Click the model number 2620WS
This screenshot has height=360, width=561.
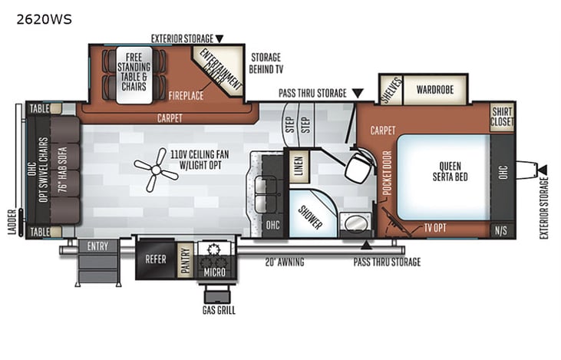click(44, 20)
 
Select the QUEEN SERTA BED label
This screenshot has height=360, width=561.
click(444, 170)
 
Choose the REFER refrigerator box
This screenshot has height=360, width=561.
click(156, 259)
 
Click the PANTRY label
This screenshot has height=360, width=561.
click(186, 259)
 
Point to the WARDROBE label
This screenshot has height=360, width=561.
click(435, 89)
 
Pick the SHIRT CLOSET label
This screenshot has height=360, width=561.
click(502, 115)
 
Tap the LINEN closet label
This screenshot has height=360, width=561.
click(297, 163)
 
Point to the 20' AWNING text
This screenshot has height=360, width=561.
click(285, 263)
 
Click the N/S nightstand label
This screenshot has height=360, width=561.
click(502, 230)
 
